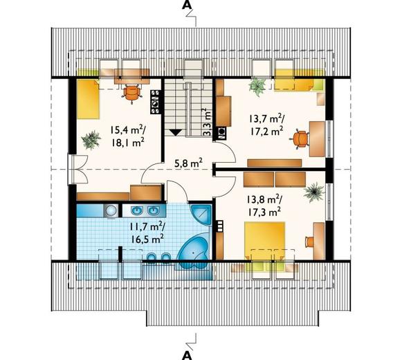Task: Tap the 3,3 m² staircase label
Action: click(207, 122)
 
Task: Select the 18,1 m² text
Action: click(127, 142)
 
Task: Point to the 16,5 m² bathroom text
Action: click(147, 239)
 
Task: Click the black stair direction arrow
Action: click(176, 132)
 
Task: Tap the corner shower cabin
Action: click(201, 215)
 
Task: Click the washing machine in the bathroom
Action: click(111, 211)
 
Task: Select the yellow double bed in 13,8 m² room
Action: click(264, 240)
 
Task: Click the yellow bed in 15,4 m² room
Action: click(88, 99)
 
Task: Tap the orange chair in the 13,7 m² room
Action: click(300, 139)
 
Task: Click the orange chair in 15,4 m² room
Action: click(131, 93)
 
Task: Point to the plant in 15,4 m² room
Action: click(91, 139)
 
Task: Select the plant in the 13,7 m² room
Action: click(257, 87)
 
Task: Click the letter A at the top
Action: click(187, 6)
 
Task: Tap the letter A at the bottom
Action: click(188, 354)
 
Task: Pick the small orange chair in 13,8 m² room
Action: click(309, 242)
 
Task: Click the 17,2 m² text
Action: click(266, 132)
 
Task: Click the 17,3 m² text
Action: click(264, 212)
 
